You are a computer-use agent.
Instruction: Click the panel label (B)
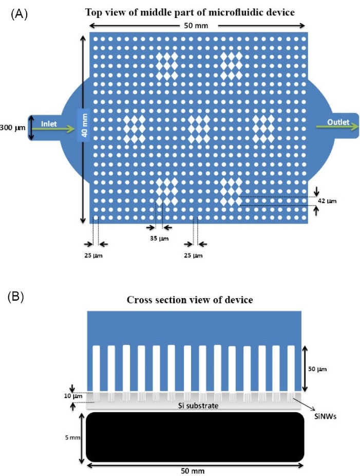coord(19,298)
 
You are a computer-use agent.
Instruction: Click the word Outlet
coord(339,122)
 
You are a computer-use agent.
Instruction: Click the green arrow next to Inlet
coord(59,130)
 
